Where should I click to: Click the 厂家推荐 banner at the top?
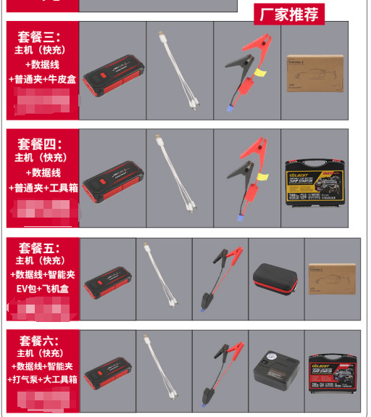[x=289, y=13]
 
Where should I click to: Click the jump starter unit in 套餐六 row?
[x=107, y=373]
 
